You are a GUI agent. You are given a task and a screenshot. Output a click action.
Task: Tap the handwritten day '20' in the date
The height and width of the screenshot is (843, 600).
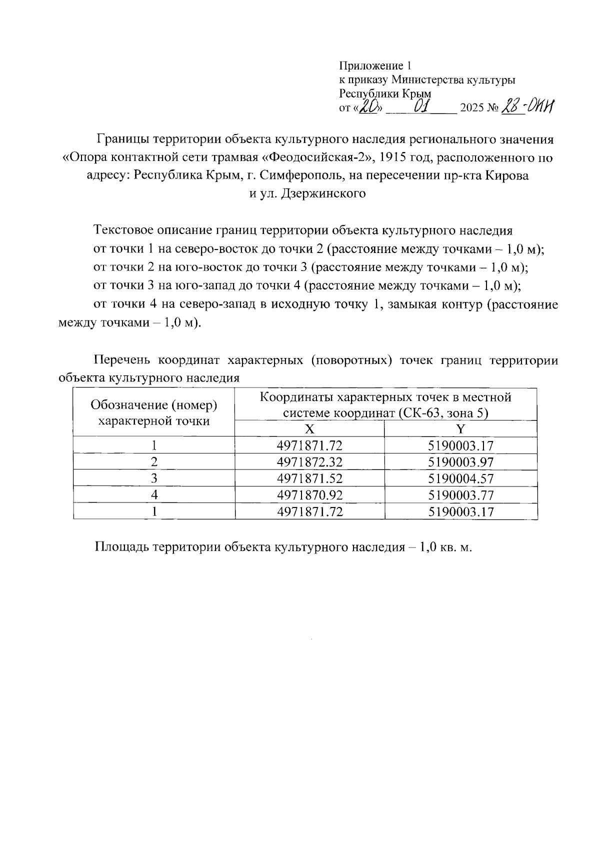pos(369,106)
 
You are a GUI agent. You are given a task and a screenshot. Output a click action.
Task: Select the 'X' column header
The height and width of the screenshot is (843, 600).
pos(310,428)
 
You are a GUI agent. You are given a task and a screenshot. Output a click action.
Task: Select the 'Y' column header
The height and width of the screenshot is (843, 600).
pos(461,428)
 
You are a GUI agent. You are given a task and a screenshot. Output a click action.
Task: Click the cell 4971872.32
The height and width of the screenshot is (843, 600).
pos(310,462)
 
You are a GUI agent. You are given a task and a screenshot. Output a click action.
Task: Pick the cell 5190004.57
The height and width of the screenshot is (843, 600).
pos(461,478)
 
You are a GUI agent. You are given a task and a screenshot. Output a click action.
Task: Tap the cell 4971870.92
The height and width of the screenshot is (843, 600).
pos(310,495)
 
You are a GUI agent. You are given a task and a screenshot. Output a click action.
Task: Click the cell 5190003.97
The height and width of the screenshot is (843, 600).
pos(461,462)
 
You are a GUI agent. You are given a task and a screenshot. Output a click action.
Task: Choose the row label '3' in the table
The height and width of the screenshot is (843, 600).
pos(154,478)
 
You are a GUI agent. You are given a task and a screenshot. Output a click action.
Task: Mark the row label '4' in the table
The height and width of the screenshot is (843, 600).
pos(154,495)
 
